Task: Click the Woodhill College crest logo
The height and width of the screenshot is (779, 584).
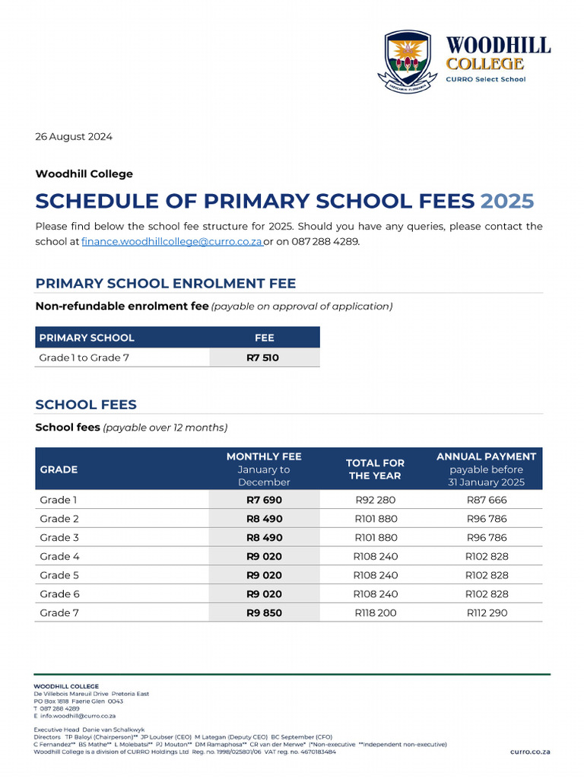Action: pos(408,58)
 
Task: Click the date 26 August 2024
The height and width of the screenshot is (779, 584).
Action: pos(74,137)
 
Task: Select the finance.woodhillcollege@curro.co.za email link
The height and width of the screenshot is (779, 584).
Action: pos(172,241)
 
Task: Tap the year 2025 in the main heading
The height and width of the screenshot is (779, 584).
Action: pos(507,202)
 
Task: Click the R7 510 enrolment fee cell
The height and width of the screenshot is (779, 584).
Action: pos(263,358)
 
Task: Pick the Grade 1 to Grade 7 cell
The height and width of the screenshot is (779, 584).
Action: pos(84,358)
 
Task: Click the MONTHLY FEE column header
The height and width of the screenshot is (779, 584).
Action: pos(264,456)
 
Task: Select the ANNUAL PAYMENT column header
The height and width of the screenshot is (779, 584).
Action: pos(486,456)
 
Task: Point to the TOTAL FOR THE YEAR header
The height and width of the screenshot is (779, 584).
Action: pos(375,469)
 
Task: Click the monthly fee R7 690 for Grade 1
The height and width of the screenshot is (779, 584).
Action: pos(264,500)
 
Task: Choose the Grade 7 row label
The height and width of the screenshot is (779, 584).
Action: pos(59,612)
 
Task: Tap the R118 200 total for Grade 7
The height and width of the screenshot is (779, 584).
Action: pos(375,612)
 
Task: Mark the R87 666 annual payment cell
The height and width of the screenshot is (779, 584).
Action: pos(486,500)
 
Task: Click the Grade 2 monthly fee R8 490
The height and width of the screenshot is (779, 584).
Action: pos(264,519)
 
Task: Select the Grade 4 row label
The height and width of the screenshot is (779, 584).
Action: pos(59,556)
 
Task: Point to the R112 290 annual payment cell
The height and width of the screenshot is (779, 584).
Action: pos(486,612)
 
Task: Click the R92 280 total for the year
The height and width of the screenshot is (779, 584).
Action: pos(375,500)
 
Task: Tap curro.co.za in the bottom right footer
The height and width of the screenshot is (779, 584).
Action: pos(530,752)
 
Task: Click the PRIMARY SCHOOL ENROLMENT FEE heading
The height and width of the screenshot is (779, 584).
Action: pos(166,284)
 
